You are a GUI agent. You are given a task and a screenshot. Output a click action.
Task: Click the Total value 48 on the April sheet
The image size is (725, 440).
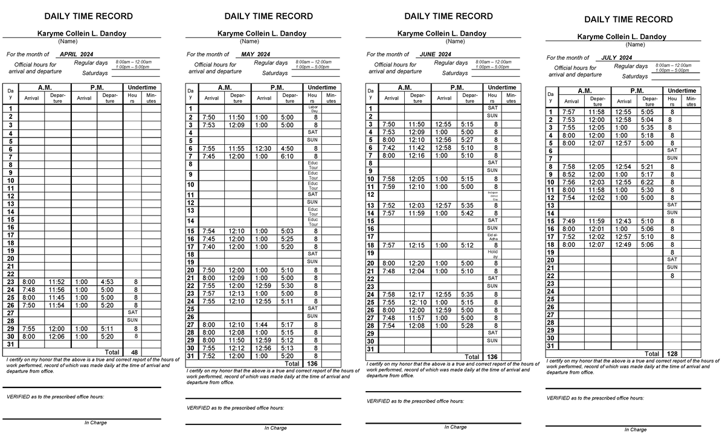[135, 352]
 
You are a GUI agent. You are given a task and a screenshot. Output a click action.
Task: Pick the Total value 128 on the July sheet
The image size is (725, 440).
[672, 354]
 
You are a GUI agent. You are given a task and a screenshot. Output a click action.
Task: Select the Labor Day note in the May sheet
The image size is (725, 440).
[312, 109]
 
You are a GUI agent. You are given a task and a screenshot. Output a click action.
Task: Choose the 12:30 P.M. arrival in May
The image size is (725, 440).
[263, 148]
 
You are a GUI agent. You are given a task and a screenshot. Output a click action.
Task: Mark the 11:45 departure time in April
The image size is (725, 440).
[57, 298]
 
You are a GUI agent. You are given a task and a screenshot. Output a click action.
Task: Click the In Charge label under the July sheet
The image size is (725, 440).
[635, 430]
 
